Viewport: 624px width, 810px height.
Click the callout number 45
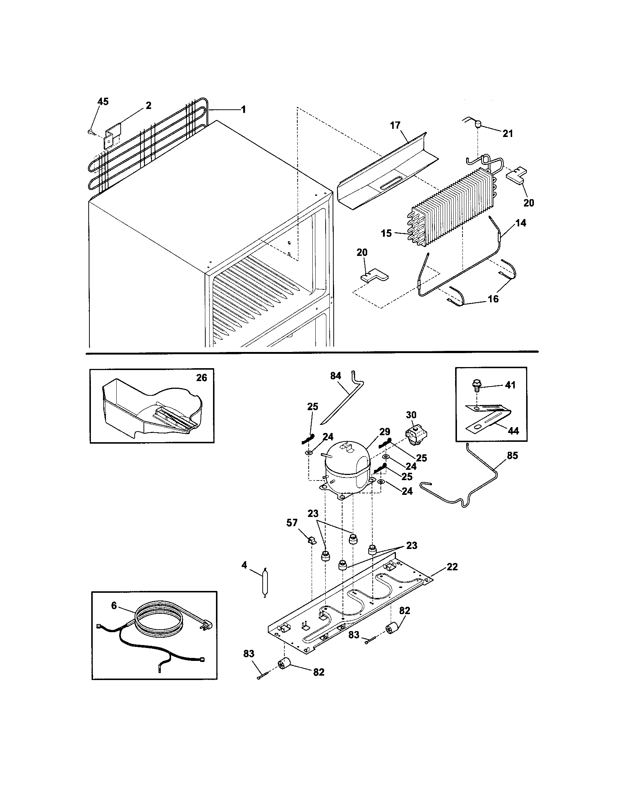click(x=103, y=102)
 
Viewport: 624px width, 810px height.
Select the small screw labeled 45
click(x=91, y=131)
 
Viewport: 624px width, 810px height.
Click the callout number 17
click(x=396, y=125)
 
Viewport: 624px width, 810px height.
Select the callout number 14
click(x=521, y=223)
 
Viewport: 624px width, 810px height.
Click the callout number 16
click(x=493, y=299)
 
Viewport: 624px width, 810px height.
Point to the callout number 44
click(x=513, y=431)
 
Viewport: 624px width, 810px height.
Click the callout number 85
click(x=513, y=455)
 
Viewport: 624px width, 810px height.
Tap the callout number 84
click(x=335, y=376)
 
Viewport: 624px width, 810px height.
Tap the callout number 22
click(x=452, y=567)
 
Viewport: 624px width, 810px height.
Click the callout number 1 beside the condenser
click(x=243, y=110)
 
